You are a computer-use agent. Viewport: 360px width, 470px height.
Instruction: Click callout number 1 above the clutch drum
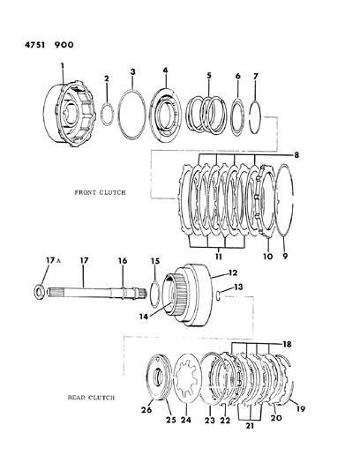click(63, 65)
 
